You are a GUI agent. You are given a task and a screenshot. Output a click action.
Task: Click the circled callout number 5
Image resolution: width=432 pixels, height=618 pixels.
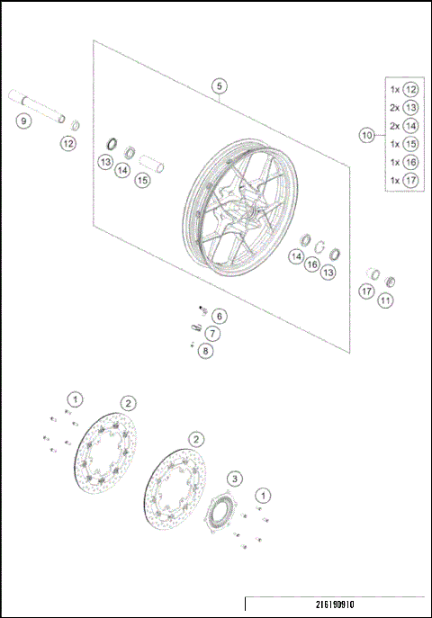click(220, 85)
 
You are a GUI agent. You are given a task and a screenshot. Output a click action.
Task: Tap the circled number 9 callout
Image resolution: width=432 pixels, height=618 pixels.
click(24, 121)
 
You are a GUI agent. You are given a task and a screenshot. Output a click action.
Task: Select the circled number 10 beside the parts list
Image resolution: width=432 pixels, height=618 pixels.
click(366, 135)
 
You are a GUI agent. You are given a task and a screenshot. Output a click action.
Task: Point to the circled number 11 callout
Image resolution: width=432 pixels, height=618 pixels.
click(385, 300)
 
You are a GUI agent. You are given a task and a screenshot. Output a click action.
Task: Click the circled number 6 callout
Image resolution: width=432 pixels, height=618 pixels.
click(219, 316)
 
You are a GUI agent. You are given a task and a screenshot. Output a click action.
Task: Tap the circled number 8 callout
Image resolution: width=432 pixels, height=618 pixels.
click(206, 351)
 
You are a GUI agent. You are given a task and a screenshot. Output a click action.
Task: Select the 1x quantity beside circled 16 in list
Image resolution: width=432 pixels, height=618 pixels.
click(394, 162)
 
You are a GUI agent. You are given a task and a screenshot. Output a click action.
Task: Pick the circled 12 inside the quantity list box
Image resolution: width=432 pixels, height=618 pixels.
click(410, 89)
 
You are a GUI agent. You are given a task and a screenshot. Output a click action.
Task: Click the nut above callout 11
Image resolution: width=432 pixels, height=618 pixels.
click(390, 281)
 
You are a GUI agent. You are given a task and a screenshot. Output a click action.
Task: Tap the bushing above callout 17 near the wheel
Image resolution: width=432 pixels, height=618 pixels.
click(370, 273)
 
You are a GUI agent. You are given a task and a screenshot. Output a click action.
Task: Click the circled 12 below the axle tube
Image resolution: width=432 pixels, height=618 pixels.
click(69, 143)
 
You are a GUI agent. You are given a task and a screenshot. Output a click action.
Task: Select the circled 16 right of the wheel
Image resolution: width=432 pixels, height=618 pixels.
click(311, 264)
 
